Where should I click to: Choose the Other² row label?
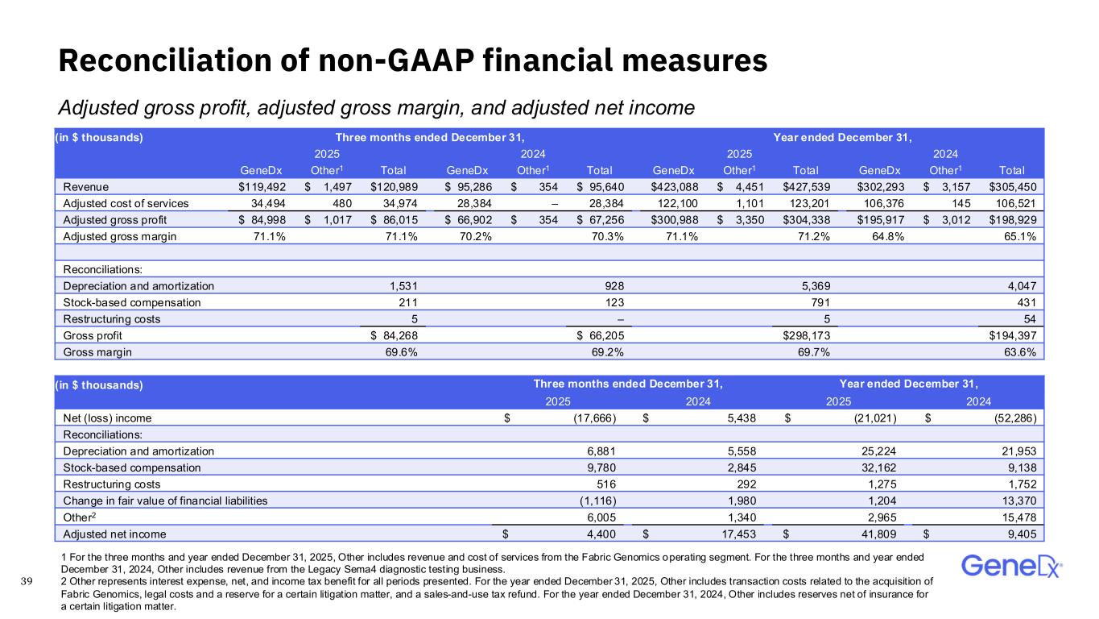[x=79, y=517]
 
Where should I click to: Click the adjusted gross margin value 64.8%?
[x=882, y=236]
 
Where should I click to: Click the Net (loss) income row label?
[x=107, y=418]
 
